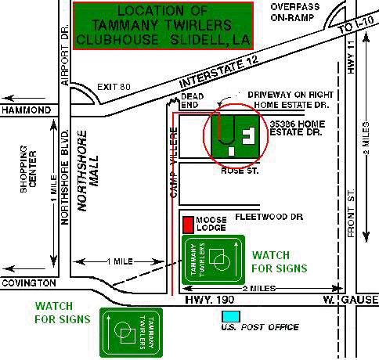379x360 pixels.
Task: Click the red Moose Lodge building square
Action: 188,225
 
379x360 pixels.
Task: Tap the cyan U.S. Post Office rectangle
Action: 231,316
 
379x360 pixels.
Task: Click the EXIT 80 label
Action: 114,87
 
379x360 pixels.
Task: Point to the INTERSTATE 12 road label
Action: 218,72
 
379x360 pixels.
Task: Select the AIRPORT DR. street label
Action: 65,55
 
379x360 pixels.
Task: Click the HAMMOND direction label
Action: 27,110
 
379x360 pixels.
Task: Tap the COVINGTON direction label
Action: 29,283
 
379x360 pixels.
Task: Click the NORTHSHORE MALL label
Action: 88,171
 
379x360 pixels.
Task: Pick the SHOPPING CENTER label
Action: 28,169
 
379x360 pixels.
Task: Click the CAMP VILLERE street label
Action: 174,162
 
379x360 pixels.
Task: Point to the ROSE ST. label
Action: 240,171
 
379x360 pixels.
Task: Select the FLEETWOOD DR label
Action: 269,217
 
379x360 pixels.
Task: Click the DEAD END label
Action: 193,100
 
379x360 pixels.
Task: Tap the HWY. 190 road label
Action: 209,300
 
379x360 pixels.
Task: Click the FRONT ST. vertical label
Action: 352,213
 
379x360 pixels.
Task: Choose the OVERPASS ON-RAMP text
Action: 295,12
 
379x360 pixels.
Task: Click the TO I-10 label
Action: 357,24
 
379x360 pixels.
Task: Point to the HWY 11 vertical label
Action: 352,57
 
